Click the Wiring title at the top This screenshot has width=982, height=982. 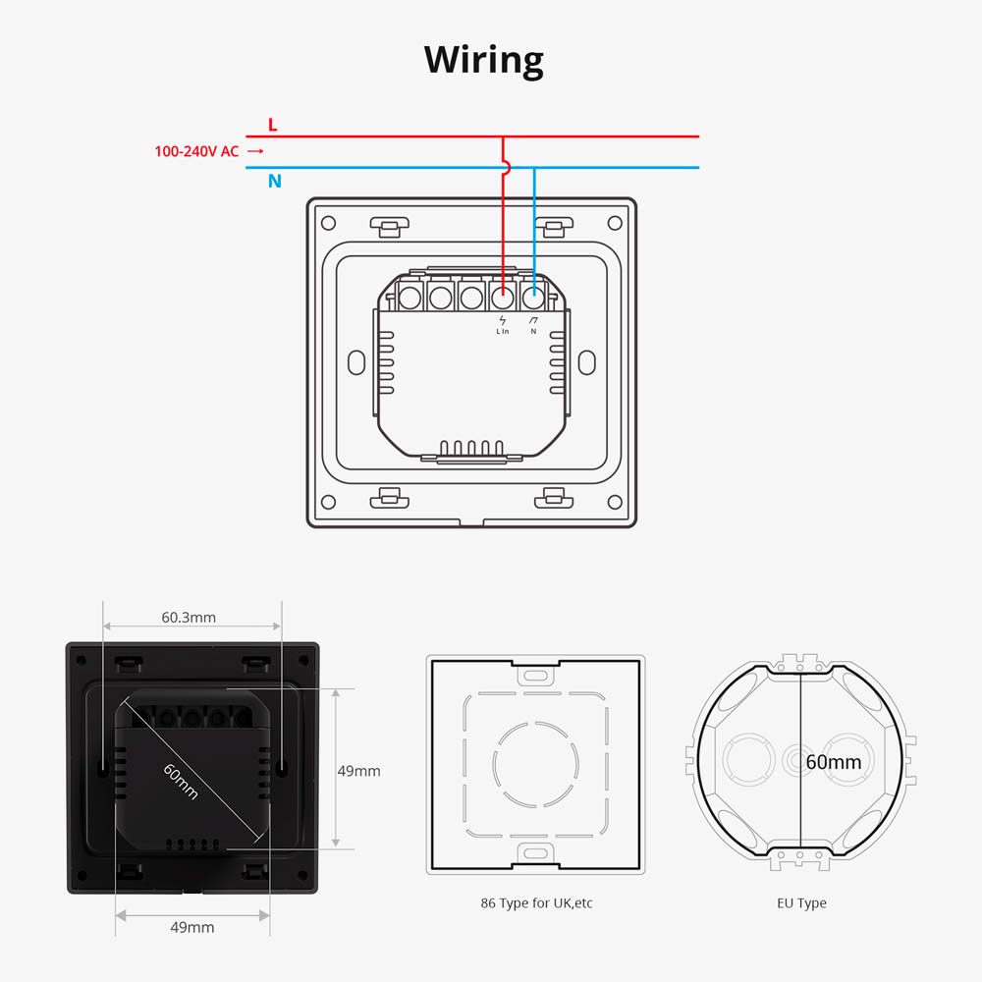[484, 61]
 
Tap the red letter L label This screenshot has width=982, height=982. [273, 125]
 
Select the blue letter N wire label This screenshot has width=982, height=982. [275, 182]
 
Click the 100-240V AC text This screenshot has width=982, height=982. [196, 151]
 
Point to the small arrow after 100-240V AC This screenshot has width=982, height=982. [255, 151]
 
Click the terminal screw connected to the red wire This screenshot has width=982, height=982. [503, 294]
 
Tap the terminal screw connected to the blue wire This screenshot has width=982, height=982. [534, 294]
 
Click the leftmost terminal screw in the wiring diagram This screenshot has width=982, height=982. [409, 294]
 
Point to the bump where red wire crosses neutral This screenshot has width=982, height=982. [505, 168]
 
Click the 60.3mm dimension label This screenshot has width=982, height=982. [189, 618]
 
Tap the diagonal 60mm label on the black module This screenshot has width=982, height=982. [181, 781]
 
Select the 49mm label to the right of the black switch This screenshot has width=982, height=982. [358, 771]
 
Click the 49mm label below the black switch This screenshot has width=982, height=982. [192, 927]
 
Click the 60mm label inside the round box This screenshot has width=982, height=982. [833, 762]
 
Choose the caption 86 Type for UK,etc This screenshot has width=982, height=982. [535, 903]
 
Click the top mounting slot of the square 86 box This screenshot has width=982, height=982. [535, 676]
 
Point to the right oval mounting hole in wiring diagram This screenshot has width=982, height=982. [587, 361]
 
